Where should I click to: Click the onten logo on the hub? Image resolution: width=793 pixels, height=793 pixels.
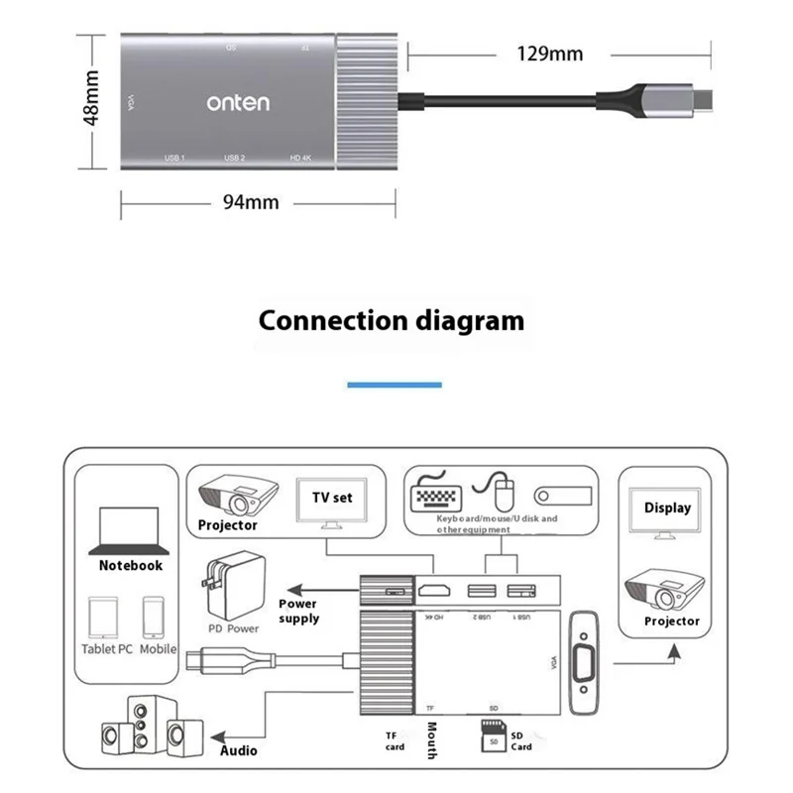[237, 102]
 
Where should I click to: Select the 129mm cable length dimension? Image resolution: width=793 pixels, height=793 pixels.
[548, 53]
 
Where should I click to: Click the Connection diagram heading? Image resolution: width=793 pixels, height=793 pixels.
[392, 320]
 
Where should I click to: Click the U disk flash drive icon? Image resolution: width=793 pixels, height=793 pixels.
[562, 495]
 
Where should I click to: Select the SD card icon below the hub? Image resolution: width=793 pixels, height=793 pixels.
[491, 737]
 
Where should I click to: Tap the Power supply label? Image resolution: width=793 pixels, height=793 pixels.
[298, 611]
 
